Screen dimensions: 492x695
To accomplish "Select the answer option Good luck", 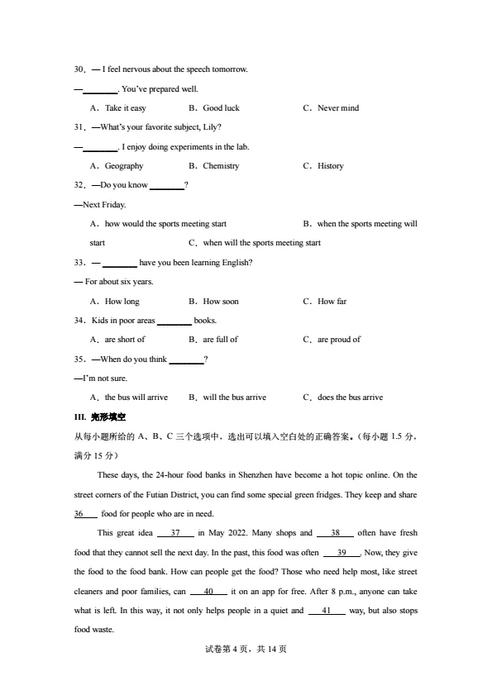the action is [x=221, y=108].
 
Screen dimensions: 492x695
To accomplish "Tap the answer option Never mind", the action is [x=338, y=108].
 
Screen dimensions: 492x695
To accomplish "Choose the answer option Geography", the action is [x=124, y=166].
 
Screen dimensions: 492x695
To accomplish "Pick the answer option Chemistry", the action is [x=221, y=166].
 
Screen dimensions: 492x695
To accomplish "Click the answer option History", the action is [x=330, y=166].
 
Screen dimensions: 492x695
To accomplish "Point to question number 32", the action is [x=80, y=185].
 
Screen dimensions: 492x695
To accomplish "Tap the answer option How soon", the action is [x=220, y=302].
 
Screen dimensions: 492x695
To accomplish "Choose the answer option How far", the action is [x=332, y=302].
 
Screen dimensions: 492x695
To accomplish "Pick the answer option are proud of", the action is [x=338, y=340].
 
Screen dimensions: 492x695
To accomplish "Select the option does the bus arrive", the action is [x=350, y=397].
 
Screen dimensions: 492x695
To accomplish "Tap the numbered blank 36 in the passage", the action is [x=81, y=513].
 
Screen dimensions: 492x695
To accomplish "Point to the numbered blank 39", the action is [x=342, y=552].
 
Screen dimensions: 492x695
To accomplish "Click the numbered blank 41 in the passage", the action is [x=327, y=611].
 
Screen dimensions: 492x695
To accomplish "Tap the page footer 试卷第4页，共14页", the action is [x=246, y=649].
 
